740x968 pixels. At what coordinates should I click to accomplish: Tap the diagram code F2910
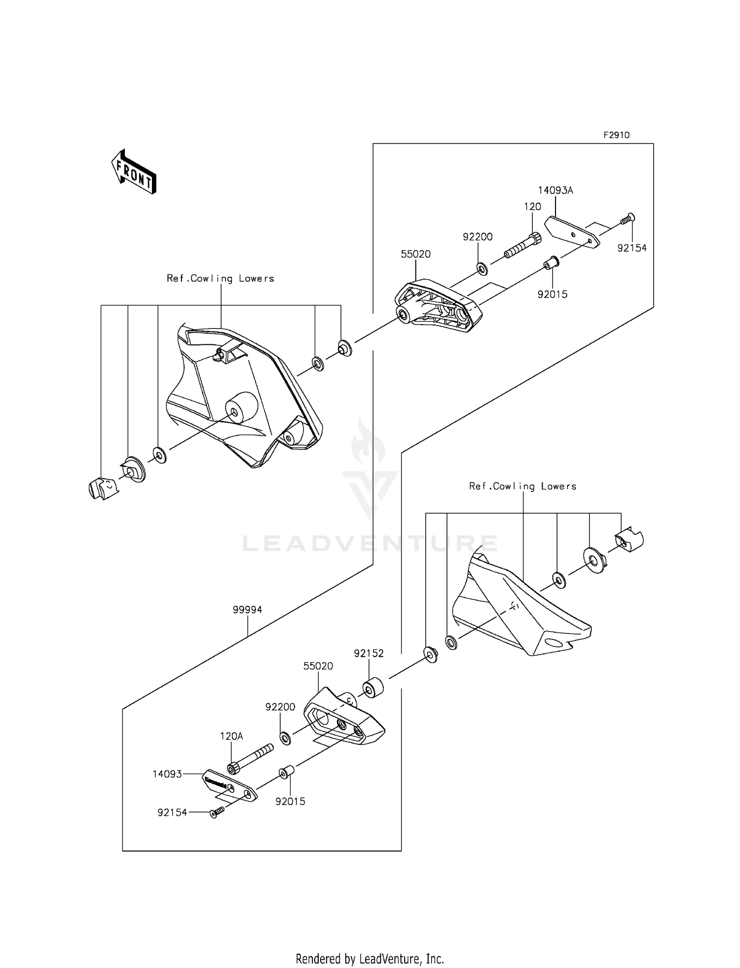pos(616,135)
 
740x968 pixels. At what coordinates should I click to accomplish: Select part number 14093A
pos(555,190)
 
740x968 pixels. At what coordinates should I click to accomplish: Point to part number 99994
pos(247,610)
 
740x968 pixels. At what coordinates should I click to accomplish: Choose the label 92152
pos(369,653)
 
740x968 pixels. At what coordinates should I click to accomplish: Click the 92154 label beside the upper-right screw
pos(632,248)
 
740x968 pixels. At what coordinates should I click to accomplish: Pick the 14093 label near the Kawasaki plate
pos(167,774)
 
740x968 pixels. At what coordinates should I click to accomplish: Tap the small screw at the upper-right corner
pos(628,219)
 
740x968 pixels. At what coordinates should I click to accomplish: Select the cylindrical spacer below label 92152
pos(373,689)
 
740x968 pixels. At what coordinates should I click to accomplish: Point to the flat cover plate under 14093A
pos(572,232)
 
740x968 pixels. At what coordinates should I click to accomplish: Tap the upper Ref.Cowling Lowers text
pos(220,279)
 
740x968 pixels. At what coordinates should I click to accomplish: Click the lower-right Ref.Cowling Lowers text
pos(522,486)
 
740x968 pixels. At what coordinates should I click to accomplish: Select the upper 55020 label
pos(415,254)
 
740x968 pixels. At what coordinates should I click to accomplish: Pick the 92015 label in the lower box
pos(290,802)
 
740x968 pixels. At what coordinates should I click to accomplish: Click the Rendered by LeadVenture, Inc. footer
pos(370,959)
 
